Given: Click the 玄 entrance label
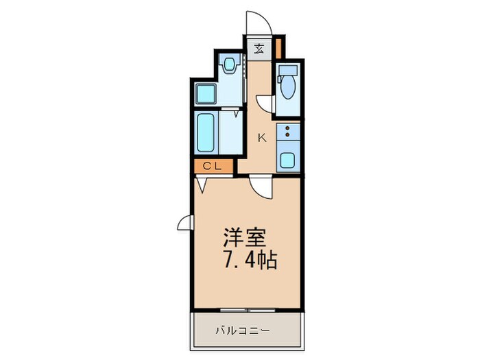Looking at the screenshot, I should pyautogui.click(x=260, y=48).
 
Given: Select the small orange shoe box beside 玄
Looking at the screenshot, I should pyautogui.click(x=278, y=49).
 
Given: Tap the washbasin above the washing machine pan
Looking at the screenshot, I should pyautogui.click(x=230, y=66).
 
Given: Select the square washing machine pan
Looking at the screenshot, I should pyautogui.click(x=206, y=93).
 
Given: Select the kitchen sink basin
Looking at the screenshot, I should pyautogui.click(x=288, y=161).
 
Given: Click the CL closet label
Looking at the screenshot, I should pyautogui.click(x=211, y=165).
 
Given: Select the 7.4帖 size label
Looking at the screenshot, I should pyautogui.click(x=248, y=261).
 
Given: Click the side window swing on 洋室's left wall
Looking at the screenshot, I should pyautogui.click(x=185, y=222).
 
